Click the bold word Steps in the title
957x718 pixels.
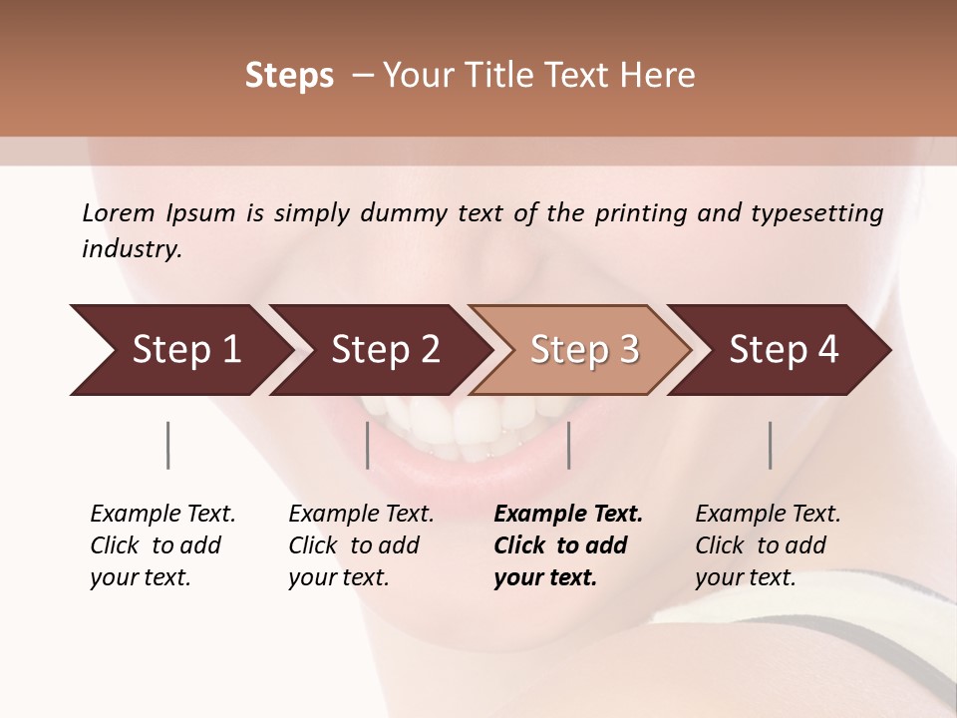point(289,76)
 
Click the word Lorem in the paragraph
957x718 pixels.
point(119,212)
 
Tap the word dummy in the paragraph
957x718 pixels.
point(401,212)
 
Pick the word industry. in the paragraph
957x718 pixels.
point(132,248)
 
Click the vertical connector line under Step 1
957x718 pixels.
point(167,445)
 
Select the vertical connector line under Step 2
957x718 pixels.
point(368,445)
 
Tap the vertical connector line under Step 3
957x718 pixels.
point(568,445)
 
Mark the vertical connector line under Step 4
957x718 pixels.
point(771,445)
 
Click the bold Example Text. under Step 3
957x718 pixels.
point(568,514)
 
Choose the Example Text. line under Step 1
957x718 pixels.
point(162,514)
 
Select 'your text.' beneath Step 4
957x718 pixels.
point(745,577)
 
